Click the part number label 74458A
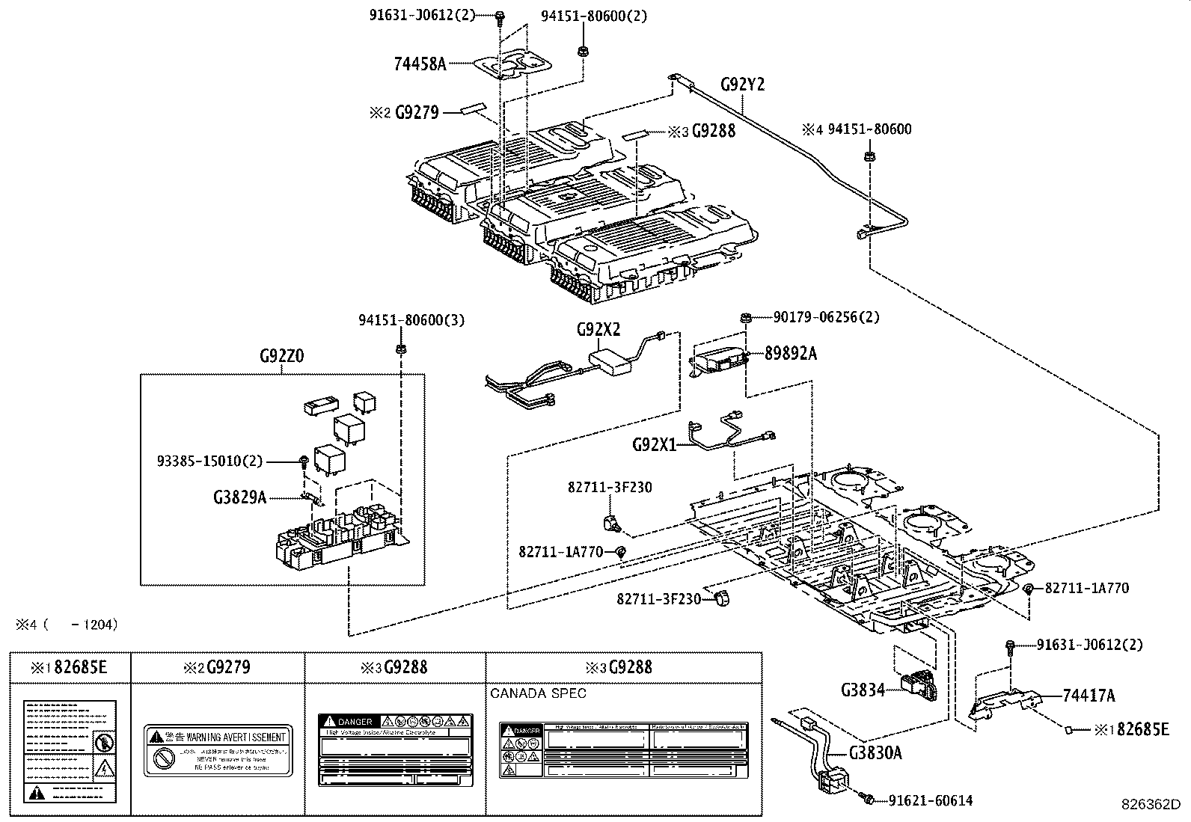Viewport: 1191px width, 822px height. pyautogui.click(x=420, y=64)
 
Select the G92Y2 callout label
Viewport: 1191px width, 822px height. pyautogui.click(x=742, y=85)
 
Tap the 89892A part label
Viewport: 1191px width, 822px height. pyautogui.click(x=790, y=354)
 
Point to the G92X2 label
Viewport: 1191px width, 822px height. pyautogui.click(x=598, y=330)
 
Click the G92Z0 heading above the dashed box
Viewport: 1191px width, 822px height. pyautogui.click(x=281, y=358)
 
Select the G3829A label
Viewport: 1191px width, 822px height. pyautogui.click(x=239, y=497)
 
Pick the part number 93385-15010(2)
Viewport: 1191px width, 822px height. pyautogui.click(x=209, y=461)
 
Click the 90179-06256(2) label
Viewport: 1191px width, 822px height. pyautogui.click(x=826, y=317)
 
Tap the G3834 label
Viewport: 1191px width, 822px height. pyautogui.click(x=862, y=690)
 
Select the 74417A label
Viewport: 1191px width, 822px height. pyautogui.click(x=1089, y=696)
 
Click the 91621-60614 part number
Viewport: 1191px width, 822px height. pyautogui.click(x=931, y=800)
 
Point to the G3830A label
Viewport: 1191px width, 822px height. pyautogui.click(x=875, y=753)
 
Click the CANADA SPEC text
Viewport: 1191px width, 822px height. pyautogui.click(x=539, y=693)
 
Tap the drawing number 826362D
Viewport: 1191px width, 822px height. pyautogui.click(x=1149, y=805)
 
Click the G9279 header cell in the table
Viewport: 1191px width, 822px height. pyautogui.click(x=218, y=667)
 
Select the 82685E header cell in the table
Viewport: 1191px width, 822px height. pyautogui.click(x=70, y=667)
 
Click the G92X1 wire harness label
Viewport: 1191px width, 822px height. pyautogui.click(x=654, y=444)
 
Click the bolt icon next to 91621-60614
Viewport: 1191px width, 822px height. pyautogui.click(x=869, y=800)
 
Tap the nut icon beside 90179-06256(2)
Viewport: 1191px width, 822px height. pyautogui.click(x=746, y=318)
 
